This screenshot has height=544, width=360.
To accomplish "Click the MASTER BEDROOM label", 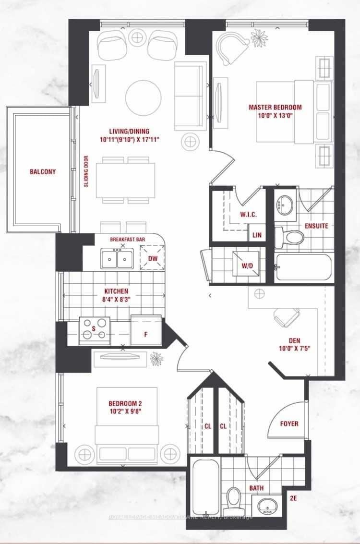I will click(275, 107).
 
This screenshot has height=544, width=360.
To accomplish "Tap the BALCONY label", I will click(42, 171).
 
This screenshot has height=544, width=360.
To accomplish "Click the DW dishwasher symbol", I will click(152, 258).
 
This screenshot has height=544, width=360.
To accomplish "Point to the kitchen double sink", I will click(117, 259).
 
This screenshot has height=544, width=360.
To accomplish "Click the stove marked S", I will click(94, 330).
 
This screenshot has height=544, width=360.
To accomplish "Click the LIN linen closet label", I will click(257, 235).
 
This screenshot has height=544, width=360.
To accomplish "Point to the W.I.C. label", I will click(249, 215).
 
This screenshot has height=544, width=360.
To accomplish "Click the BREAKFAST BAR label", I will click(128, 239).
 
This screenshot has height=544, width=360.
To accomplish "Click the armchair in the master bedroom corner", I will click(231, 46).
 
